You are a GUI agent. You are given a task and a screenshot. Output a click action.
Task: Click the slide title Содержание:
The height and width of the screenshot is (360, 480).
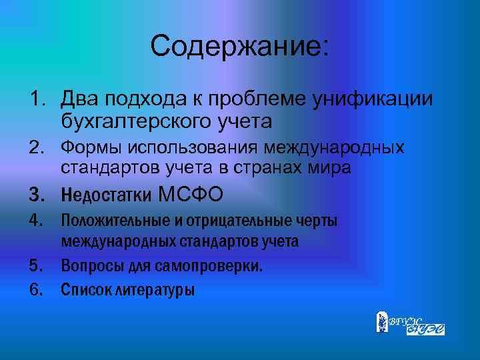[x=239, y=47]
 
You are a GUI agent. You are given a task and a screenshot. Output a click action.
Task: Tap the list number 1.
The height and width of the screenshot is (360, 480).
[x=35, y=100]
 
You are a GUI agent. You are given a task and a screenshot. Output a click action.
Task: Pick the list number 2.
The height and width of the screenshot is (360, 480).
[x=35, y=148]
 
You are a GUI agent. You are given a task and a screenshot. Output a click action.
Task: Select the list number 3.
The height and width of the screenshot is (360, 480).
[x=35, y=195]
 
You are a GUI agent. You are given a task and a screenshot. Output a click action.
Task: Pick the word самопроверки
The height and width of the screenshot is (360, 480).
[x=211, y=266]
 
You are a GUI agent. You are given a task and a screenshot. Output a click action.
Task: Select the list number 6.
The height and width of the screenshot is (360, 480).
[x=35, y=290]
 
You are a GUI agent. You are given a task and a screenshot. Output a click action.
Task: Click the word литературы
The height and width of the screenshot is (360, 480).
[x=153, y=290]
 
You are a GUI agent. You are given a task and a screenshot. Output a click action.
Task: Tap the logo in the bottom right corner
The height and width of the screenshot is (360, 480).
[x=410, y=323]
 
